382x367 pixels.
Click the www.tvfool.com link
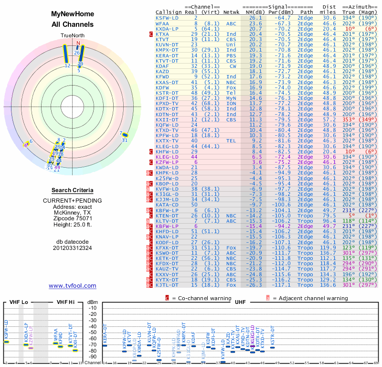point(72,286)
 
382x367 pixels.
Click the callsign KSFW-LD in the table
point(167,18)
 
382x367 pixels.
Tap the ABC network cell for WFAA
point(231,23)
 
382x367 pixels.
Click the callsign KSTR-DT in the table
point(167,93)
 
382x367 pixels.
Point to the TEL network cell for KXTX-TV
point(231,141)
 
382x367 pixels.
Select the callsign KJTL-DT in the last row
point(167,285)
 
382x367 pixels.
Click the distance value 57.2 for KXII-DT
point(329,119)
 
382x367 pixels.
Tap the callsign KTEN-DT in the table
point(167,216)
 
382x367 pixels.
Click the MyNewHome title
point(72,14)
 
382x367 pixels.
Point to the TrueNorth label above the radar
point(72,36)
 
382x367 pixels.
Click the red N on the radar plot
point(78,43)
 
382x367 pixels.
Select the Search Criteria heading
point(72,190)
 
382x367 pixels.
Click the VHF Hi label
point(65,302)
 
